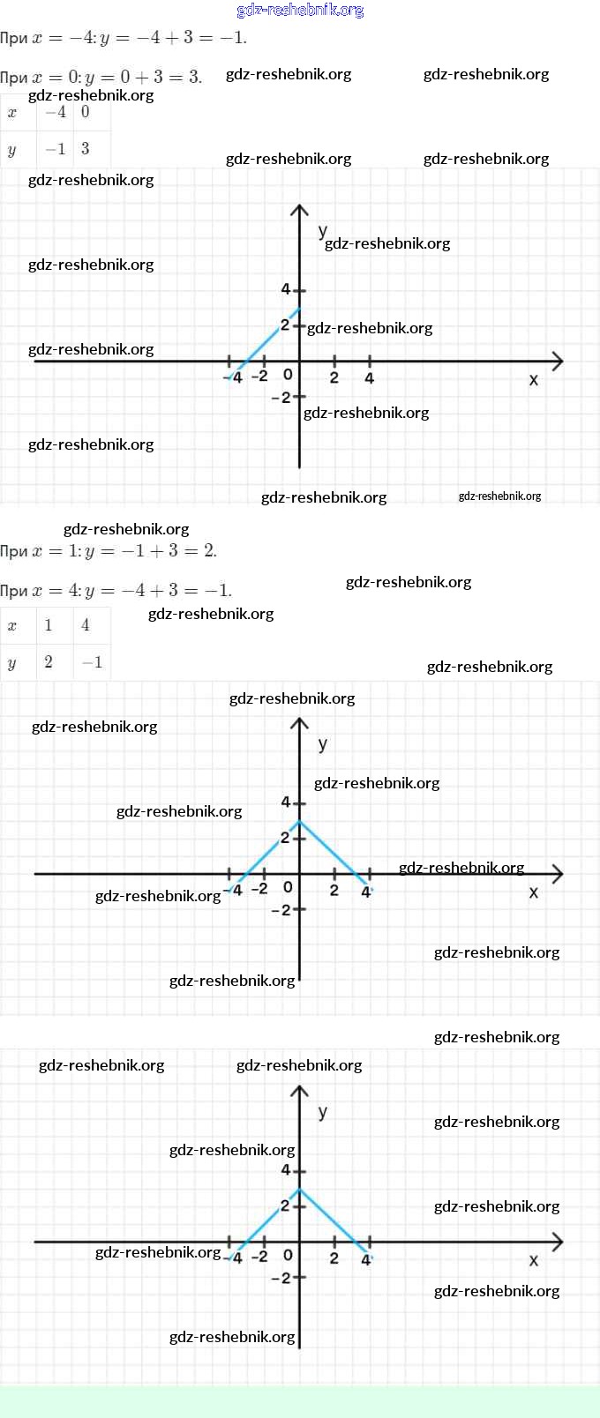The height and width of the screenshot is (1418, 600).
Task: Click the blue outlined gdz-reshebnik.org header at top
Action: point(300,11)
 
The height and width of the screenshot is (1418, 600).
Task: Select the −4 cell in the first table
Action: point(56,112)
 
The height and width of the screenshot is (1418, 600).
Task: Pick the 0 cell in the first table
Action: point(85,112)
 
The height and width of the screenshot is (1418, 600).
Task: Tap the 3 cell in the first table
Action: point(85,148)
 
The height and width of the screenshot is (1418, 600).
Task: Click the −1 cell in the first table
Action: point(56,149)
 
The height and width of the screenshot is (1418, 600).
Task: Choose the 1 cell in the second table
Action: point(49,625)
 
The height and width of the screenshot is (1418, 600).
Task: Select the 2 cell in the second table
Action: point(49,661)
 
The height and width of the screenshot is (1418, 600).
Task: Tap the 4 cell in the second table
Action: point(86,625)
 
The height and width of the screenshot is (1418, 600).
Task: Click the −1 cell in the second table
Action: point(92,662)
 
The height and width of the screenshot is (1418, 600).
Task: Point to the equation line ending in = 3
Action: point(101,77)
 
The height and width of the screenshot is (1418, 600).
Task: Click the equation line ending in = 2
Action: point(109,551)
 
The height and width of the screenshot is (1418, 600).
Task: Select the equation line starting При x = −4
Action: point(124,38)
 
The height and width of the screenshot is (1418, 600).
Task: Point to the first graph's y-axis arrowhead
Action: point(299,209)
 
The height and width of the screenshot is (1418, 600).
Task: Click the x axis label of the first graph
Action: point(533,380)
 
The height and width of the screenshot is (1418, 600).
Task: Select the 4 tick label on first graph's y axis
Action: point(285,289)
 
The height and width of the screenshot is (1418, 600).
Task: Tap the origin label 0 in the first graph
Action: point(288,375)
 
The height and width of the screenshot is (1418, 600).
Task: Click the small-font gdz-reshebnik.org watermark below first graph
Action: point(499,496)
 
